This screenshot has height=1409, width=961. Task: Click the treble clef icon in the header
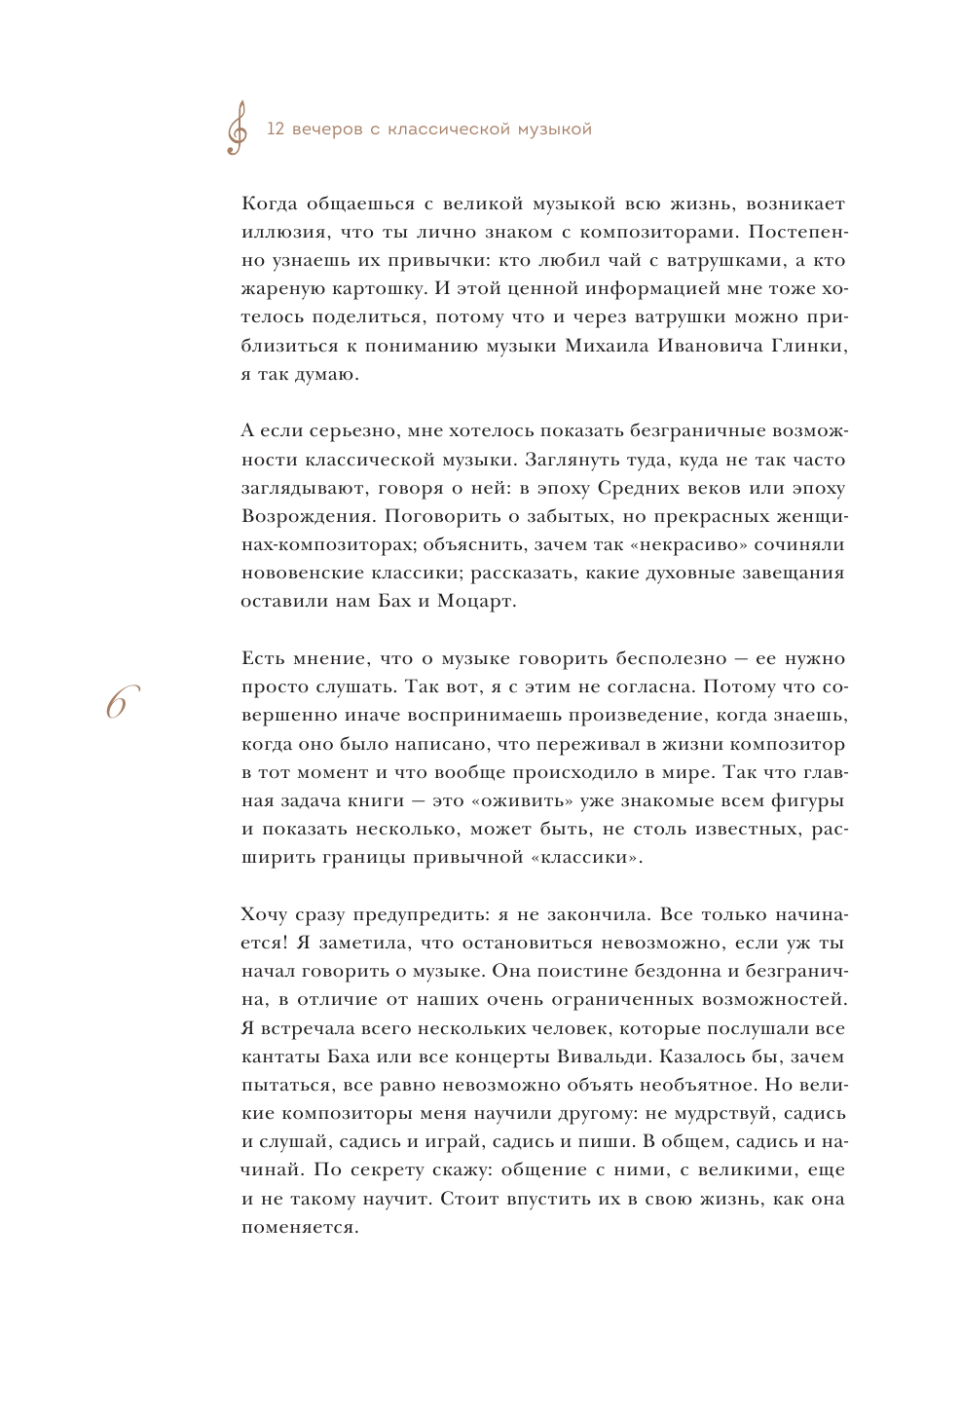point(237,129)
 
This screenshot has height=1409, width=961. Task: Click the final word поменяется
point(299,1227)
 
